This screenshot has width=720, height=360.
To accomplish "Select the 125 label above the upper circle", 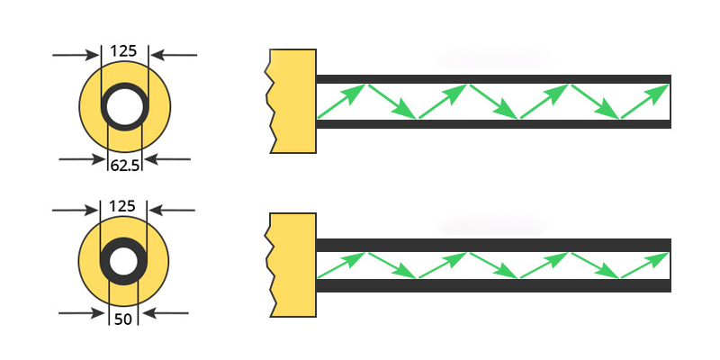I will pyautogui.click(x=124, y=51).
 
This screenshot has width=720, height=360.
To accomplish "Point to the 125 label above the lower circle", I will pyautogui.click(x=123, y=206).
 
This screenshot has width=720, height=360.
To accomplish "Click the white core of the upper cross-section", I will pyautogui.click(x=124, y=108).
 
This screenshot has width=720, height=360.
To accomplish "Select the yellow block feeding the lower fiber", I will pyautogui.click(x=294, y=265).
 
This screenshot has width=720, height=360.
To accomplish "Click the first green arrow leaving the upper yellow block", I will pyautogui.click(x=342, y=101).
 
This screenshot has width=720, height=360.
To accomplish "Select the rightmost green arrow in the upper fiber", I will pyautogui.click(x=646, y=101).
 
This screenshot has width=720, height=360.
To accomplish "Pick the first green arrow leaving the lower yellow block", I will pyautogui.click(x=342, y=265).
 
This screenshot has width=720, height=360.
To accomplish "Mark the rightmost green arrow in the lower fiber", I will pyautogui.click(x=646, y=265).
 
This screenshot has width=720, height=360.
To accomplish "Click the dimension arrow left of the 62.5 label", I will pyautogui.click(x=82, y=159).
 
